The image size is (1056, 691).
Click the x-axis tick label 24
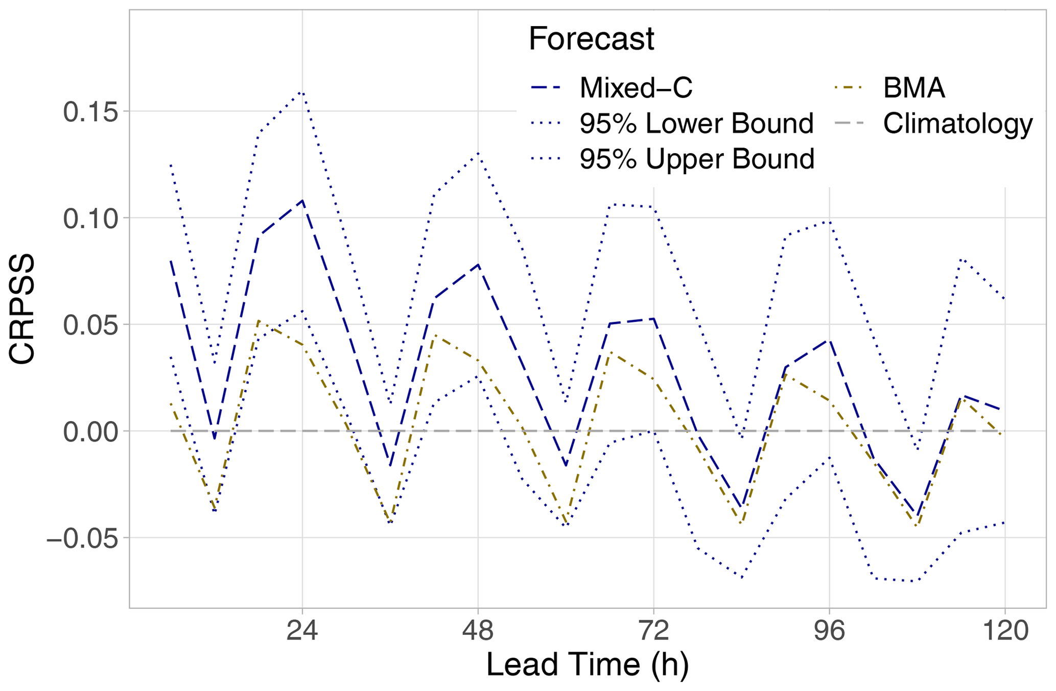tap(302, 631)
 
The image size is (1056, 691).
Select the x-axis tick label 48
tap(478, 631)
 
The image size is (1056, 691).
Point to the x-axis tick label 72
tap(653, 631)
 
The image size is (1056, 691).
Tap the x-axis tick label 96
tap(829, 631)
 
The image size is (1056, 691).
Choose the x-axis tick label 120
tap(1005, 631)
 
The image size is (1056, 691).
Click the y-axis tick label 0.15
tap(88, 112)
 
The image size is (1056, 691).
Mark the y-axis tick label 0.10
tap(88, 219)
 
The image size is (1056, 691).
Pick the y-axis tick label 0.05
tap(88, 325)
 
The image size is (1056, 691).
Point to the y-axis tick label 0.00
tap(88, 432)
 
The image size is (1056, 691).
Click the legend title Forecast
tap(591, 39)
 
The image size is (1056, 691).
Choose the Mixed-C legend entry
tap(636, 88)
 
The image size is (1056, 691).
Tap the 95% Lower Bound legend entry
tap(696, 124)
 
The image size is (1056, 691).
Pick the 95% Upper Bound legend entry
tap(696, 159)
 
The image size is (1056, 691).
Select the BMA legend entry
tap(913, 88)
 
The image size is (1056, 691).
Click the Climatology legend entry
tap(957, 124)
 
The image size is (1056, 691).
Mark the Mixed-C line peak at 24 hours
tap(302, 200)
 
